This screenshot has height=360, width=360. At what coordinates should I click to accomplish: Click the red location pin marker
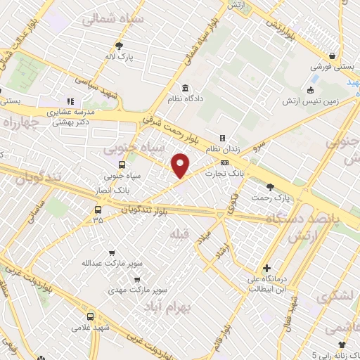click(181, 165)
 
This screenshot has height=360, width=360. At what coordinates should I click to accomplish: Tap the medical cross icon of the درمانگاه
click(266, 268)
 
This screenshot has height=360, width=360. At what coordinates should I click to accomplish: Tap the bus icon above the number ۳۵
click(97, 210)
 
